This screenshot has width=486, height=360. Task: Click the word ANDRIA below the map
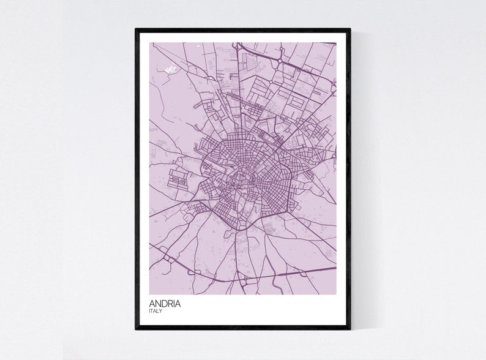tap(164, 302)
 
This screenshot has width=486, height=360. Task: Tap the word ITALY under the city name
tap(155, 311)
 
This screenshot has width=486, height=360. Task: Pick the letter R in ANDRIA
tap(171, 302)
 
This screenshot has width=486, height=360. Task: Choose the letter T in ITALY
tap(152, 311)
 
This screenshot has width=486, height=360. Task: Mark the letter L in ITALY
tap(158, 311)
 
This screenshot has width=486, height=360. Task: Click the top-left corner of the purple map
tap(149, 42)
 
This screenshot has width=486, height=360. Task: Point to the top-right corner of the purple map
tap(336, 42)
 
